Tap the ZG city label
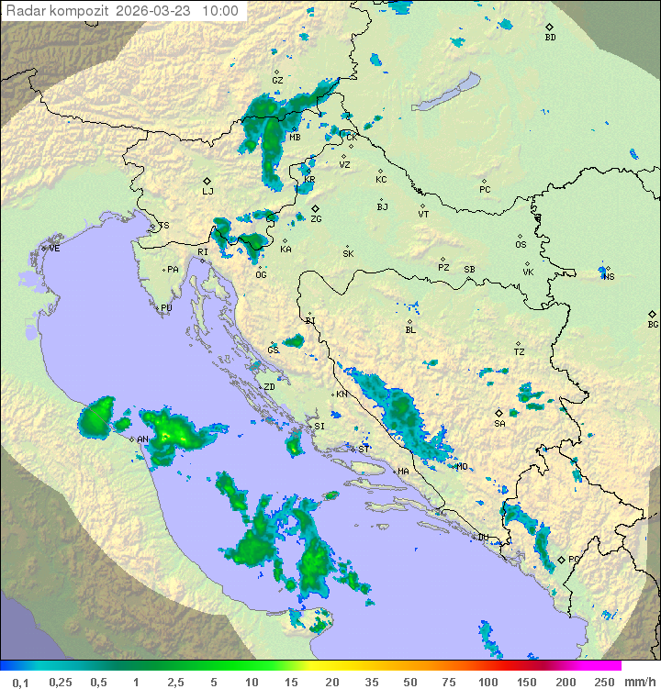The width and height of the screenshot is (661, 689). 316,219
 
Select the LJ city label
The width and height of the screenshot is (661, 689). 207,192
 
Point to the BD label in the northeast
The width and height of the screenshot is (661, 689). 550,38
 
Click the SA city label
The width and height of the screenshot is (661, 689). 499,424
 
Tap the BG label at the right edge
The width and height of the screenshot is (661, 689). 653,324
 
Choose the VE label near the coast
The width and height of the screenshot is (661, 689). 54,249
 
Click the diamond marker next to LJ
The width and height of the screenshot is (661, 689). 207,181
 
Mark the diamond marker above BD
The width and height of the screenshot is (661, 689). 549,28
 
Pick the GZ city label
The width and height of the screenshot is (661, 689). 277,81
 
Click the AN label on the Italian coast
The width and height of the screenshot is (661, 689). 142,439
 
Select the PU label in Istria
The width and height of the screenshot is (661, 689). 166,308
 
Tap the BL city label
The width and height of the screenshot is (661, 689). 410,330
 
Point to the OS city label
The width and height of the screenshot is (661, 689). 521,245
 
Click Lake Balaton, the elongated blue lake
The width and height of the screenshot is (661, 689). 445,93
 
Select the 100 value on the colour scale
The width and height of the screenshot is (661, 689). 487,682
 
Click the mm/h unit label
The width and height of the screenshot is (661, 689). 636,682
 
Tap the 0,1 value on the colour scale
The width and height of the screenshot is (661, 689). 20,682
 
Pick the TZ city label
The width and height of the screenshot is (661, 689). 520,352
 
